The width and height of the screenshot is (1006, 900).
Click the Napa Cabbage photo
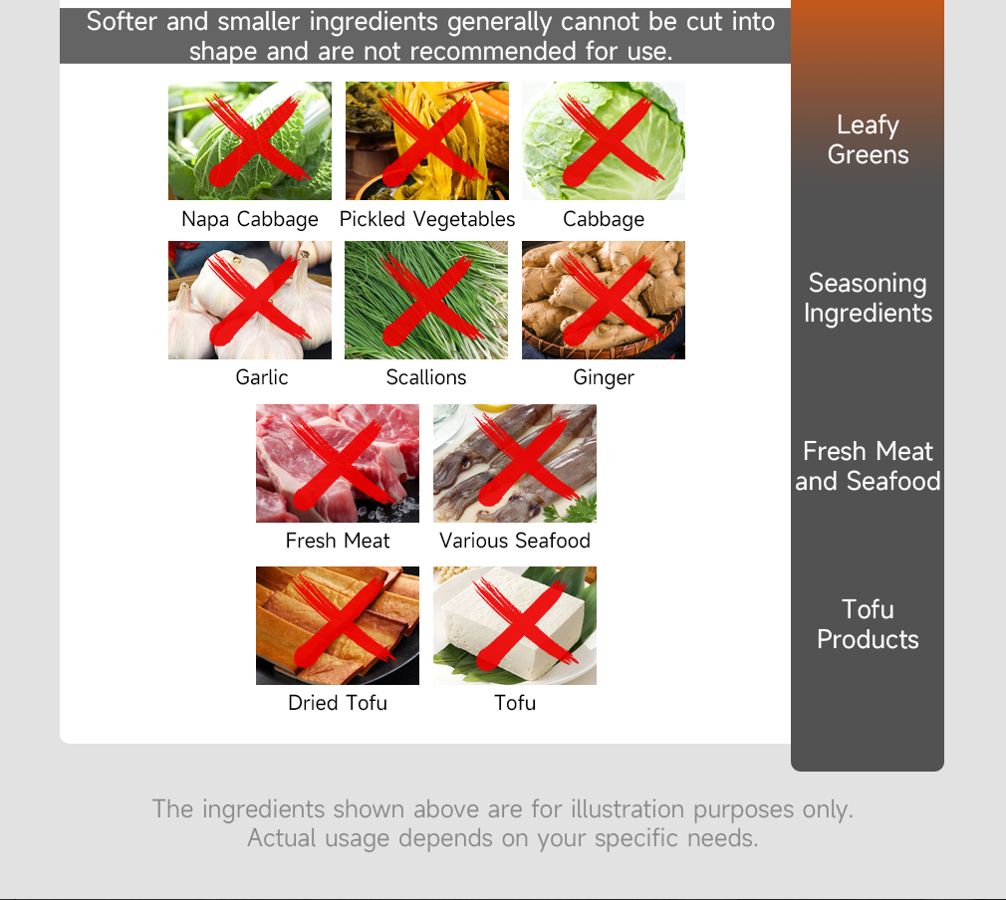(x=250, y=140)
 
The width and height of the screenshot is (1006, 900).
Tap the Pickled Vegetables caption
(x=426, y=219)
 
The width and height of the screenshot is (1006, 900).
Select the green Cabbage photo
(x=603, y=140)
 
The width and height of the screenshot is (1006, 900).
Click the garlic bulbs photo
(x=250, y=300)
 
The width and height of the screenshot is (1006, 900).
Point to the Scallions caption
(x=426, y=377)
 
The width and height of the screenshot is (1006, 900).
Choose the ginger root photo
(x=603, y=300)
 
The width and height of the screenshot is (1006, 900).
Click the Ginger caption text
(x=603, y=378)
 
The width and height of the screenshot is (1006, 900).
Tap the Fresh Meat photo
(x=338, y=463)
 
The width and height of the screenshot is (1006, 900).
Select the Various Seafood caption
(x=515, y=541)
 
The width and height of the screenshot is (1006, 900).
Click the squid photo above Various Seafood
(x=515, y=463)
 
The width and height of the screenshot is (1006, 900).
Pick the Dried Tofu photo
(x=338, y=625)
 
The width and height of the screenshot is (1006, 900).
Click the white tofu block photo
(x=515, y=625)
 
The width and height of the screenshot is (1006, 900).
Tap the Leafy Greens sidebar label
(x=868, y=139)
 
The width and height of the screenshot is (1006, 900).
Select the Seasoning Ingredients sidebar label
(x=868, y=299)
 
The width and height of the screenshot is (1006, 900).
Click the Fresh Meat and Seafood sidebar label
(x=868, y=466)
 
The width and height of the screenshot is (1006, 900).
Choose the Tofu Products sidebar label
(x=868, y=624)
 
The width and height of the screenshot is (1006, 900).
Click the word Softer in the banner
(x=122, y=22)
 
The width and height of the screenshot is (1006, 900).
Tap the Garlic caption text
(x=262, y=377)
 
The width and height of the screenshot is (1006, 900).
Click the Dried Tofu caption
(x=338, y=703)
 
